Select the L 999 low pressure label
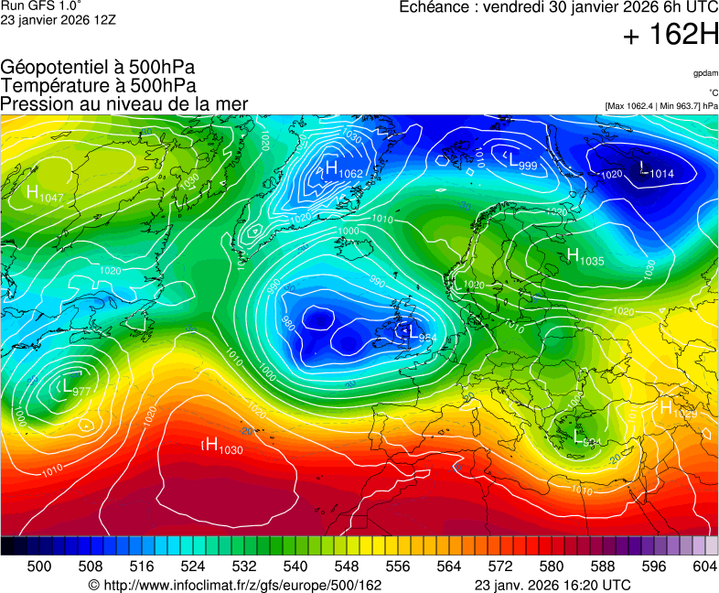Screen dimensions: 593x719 tap(522, 161)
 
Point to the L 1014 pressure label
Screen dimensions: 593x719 tap(656, 170)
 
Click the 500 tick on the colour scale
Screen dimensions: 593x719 tap(39, 567)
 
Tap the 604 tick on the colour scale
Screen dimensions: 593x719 tap(704, 567)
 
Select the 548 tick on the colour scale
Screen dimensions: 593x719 tap(372, 567)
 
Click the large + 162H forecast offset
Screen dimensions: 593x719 tap(671, 37)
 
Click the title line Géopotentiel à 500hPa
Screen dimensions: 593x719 tap(98, 68)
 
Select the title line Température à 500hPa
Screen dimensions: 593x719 tap(98, 86)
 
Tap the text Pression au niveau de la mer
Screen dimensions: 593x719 tap(123, 104)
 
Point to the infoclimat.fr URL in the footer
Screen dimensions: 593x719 tap(234, 585)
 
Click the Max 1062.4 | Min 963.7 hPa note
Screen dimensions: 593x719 tap(661, 106)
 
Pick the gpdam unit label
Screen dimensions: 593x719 tap(705, 72)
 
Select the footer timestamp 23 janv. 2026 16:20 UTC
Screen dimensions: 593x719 tap(552, 585)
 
